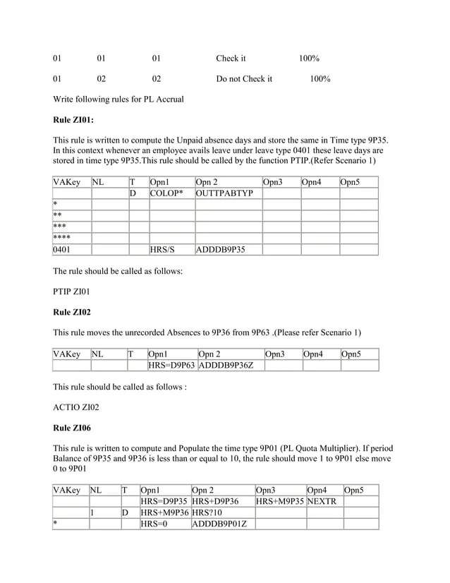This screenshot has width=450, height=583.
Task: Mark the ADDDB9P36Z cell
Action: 224,365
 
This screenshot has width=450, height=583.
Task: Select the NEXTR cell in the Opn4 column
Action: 322,501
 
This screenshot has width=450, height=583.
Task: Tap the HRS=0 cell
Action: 154,524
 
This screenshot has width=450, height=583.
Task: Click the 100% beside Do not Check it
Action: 320,78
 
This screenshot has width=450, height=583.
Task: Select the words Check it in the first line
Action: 231,58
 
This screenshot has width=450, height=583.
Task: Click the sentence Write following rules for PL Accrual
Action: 118,99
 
